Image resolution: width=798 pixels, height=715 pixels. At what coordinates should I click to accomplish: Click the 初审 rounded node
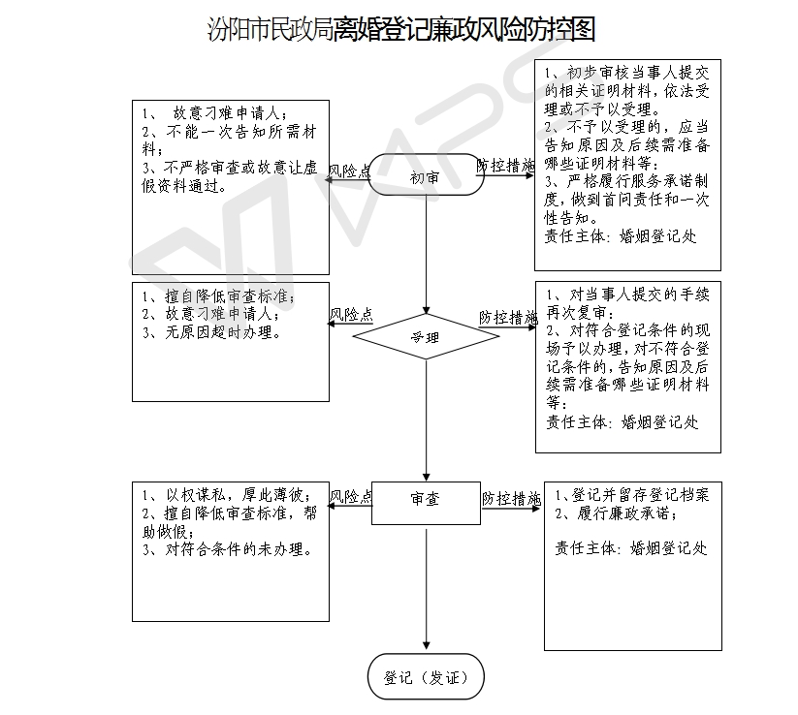(x=426, y=175)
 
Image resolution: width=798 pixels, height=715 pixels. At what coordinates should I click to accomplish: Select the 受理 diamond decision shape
(x=426, y=336)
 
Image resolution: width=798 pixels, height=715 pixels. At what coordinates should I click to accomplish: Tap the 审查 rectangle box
(x=426, y=503)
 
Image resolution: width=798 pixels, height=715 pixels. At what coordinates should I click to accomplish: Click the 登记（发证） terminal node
(x=426, y=677)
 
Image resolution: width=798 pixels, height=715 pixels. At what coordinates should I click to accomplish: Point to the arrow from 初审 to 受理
(x=427, y=255)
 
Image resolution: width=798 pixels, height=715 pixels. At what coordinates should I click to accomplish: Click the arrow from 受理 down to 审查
(x=427, y=420)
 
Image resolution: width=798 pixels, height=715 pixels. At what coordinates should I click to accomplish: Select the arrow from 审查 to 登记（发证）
(x=427, y=589)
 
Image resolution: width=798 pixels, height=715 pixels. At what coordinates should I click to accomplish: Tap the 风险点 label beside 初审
(x=350, y=171)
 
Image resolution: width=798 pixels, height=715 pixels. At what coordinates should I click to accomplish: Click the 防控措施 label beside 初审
(x=506, y=166)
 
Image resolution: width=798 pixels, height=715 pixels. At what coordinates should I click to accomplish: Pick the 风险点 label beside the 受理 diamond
(x=351, y=314)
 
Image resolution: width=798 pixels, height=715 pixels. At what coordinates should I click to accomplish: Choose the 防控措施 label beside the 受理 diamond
(x=508, y=318)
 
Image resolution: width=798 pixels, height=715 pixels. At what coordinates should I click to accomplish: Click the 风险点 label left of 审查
(x=351, y=496)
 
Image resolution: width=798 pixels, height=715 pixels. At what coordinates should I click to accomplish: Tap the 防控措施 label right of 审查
(x=511, y=498)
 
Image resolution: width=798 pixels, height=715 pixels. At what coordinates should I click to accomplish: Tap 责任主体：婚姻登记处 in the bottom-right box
(x=631, y=547)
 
